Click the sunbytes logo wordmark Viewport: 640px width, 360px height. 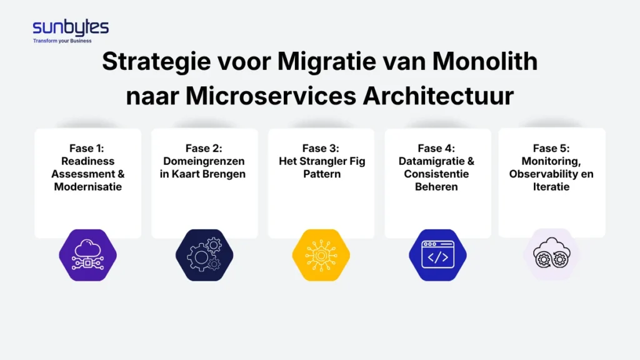71,27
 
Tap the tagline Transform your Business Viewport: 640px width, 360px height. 62,41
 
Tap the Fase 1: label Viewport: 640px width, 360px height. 87,148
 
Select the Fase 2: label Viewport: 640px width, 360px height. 204,148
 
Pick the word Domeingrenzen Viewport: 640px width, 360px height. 204,161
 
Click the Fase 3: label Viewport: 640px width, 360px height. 321,148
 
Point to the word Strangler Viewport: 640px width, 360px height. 326,161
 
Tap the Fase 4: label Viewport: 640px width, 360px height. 436,148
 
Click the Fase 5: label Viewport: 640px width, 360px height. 551,148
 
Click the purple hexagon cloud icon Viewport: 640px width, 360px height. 87,254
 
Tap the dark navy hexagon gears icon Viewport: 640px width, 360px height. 204,254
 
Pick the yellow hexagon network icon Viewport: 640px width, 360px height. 321,254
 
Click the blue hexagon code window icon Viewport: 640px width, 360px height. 437,254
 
